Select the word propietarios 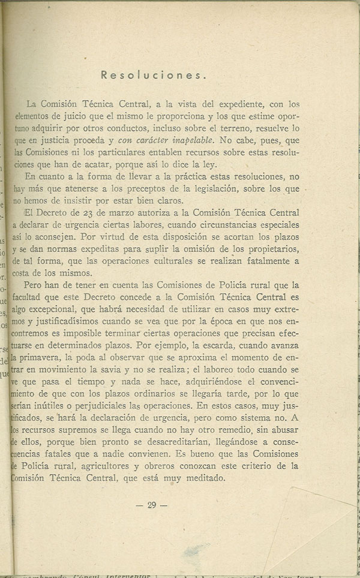[x=282, y=250]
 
